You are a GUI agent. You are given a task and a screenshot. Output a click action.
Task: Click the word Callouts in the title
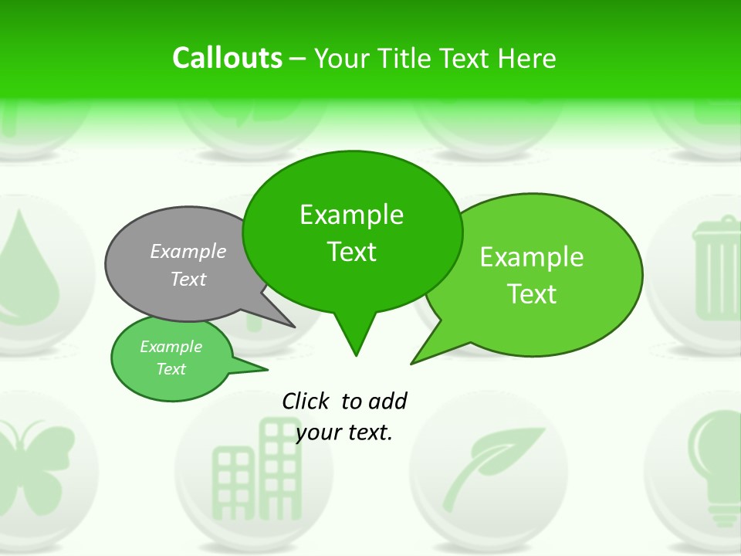tap(227, 58)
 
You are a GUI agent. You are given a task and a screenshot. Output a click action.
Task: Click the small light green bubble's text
tap(171, 358)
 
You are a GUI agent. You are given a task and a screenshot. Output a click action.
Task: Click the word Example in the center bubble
tap(351, 215)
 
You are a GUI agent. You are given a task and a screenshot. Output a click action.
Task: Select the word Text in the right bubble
tap(532, 294)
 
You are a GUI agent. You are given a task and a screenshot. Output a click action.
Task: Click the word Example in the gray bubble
tap(188, 251)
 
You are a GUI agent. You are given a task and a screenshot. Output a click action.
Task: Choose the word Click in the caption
tap(307, 401)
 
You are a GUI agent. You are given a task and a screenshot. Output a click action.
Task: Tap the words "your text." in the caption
tap(344, 432)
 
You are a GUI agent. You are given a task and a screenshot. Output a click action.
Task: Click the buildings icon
tap(255, 463)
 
